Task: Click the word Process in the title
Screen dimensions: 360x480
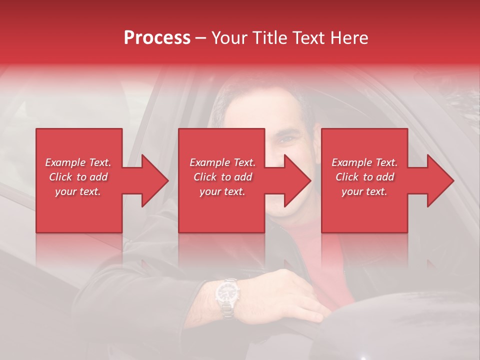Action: (157, 38)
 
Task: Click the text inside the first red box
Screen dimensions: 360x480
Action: (78, 177)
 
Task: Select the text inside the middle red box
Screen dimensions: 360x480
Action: (222, 177)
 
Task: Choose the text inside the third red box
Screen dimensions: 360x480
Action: (364, 177)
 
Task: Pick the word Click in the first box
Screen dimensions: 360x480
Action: (61, 177)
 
